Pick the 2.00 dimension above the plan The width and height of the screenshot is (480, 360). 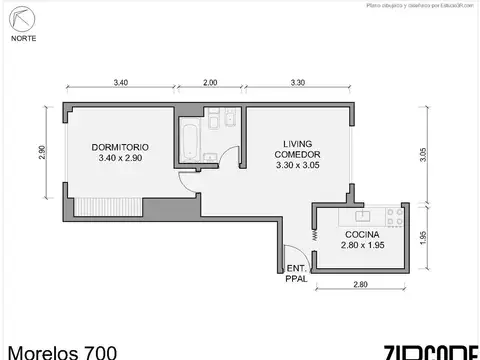[209, 81]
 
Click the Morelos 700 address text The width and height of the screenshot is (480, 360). [62, 351]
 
